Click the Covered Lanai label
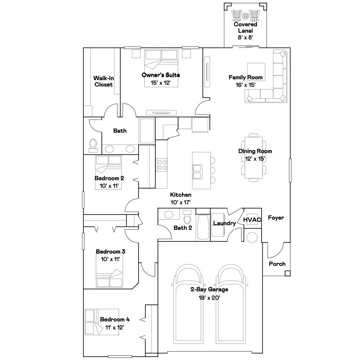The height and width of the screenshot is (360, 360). (246, 27)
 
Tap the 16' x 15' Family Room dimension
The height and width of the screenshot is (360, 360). (246, 85)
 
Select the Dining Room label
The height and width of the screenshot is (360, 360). (255, 151)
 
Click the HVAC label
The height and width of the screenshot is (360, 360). (252, 220)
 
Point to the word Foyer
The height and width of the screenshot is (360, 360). (276, 218)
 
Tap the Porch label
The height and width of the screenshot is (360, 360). (277, 264)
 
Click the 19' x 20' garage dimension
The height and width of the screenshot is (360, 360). (209, 298)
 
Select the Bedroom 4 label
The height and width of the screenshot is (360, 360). (115, 319)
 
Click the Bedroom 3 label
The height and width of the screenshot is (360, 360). (110, 251)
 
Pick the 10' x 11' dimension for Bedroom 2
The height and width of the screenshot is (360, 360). (109, 186)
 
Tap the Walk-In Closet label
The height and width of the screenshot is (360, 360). (103, 81)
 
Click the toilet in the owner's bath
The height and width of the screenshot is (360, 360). (93, 145)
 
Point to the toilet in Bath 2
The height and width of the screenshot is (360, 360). (187, 217)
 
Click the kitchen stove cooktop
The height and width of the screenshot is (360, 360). (162, 165)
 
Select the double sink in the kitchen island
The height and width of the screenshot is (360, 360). (198, 172)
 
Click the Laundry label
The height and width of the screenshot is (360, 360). (224, 223)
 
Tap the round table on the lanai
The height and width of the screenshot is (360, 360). (246, 16)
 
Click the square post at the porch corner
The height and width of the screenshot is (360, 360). (287, 273)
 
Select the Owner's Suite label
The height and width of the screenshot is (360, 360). (161, 75)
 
